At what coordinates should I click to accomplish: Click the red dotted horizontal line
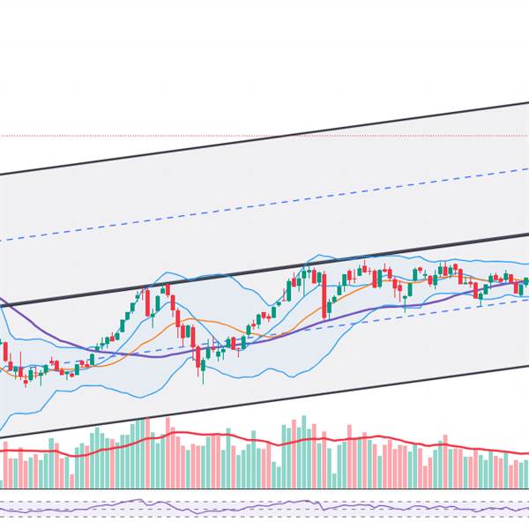click(132, 136)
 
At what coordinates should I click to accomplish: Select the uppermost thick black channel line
click(264, 138)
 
